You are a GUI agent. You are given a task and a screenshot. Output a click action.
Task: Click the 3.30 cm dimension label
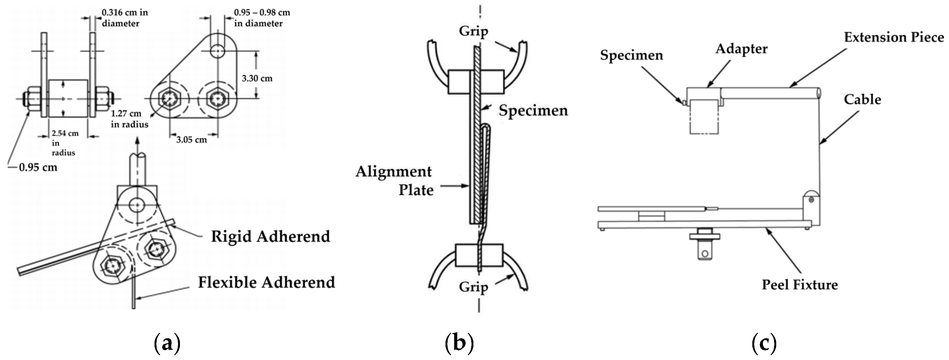click(257, 79)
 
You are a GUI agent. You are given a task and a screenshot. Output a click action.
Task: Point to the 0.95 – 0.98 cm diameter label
click(262, 18)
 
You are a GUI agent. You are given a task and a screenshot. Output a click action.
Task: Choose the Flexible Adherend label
click(266, 282)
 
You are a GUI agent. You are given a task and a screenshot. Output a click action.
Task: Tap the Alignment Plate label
click(394, 181)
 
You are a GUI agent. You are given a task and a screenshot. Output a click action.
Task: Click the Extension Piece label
click(894, 37)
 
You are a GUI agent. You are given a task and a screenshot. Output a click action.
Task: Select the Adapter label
click(741, 49)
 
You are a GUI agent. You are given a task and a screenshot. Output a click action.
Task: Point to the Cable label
click(862, 100)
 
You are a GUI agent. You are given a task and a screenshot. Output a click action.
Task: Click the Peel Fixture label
click(800, 285)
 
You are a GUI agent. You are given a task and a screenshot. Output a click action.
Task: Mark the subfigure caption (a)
click(167, 343)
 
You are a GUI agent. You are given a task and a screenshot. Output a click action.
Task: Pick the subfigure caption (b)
click(459, 343)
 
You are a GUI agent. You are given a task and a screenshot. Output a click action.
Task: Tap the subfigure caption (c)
click(764, 343)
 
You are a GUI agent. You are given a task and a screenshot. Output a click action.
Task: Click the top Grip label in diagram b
click(473, 31)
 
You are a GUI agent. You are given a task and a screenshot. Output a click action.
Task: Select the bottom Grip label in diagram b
click(473, 287)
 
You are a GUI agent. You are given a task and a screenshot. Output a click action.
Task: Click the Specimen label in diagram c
click(631, 55)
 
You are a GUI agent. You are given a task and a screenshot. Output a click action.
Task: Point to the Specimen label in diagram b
click(533, 110)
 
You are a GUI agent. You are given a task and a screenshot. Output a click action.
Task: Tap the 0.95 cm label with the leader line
click(38, 168)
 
